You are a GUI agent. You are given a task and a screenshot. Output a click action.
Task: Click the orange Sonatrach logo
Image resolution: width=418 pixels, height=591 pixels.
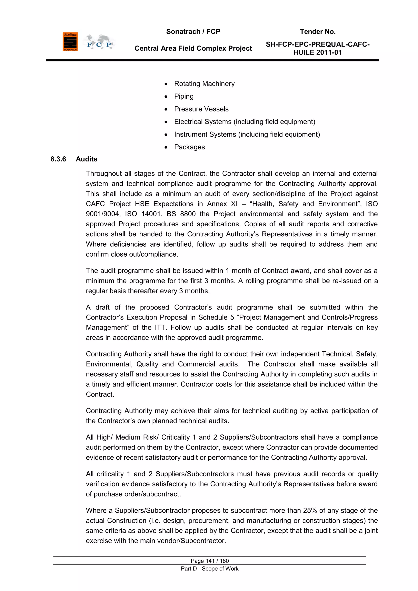[x=70, y=42]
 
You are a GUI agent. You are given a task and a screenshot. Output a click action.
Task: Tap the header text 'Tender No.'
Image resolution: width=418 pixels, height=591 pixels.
[x=318, y=32]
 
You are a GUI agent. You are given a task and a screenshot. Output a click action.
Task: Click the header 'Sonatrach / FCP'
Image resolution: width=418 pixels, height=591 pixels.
[x=193, y=32]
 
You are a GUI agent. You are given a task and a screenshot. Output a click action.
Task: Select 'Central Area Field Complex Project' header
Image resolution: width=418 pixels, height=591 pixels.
[x=193, y=48]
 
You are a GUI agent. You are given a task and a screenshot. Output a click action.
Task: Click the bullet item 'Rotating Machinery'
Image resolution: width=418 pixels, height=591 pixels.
[x=204, y=84]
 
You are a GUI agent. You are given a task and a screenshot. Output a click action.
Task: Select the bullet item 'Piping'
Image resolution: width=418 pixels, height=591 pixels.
[x=184, y=96]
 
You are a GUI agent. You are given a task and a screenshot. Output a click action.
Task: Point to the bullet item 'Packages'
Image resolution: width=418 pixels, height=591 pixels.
[x=189, y=147]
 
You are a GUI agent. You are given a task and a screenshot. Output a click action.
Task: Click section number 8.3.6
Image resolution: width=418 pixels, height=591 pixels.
[x=58, y=159]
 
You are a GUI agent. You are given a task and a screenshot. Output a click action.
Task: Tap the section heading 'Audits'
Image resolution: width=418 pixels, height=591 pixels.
[x=87, y=159]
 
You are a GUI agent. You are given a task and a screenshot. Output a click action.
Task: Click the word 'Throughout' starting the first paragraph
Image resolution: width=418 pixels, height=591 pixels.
[x=104, y=174]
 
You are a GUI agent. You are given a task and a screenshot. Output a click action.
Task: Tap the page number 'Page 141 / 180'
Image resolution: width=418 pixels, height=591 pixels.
[x=210, y=561]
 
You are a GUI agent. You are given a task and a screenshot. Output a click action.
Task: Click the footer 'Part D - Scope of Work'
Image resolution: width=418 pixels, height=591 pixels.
[x=210, y=569]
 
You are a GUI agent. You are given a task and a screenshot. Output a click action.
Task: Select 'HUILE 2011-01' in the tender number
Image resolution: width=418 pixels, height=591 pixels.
[x=317, y=52]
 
